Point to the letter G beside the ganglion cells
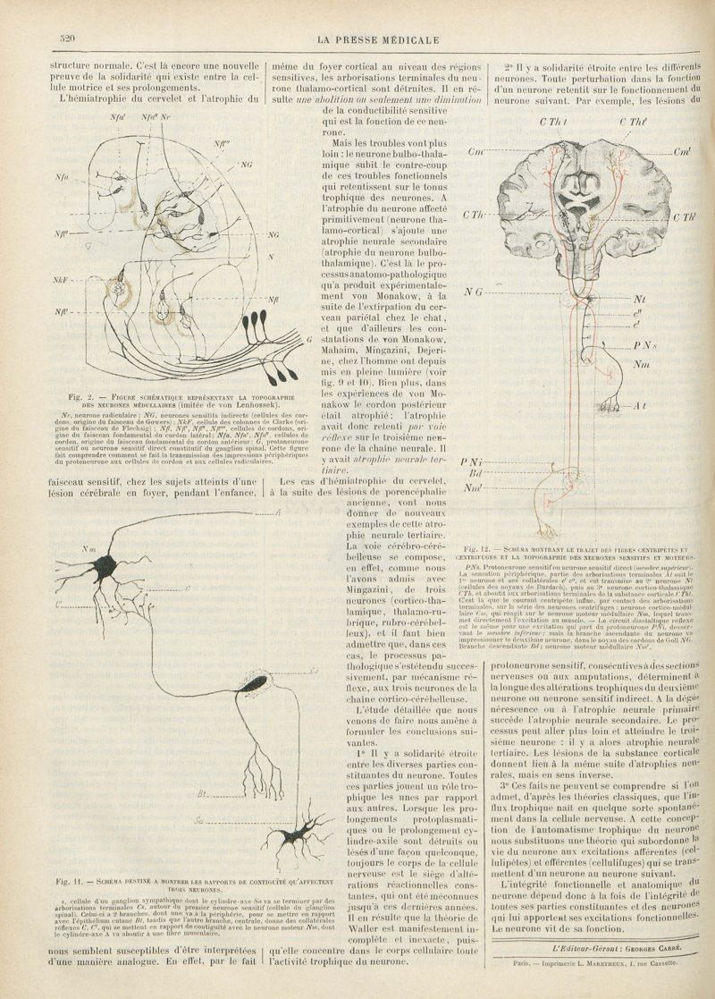[308, 340]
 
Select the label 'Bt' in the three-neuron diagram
[202, 793]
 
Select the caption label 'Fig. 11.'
[69, 883]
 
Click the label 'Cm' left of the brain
[475, 153]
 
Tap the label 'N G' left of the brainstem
[475, 292]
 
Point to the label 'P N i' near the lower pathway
[471, 461]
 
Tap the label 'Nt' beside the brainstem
[638, 300]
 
